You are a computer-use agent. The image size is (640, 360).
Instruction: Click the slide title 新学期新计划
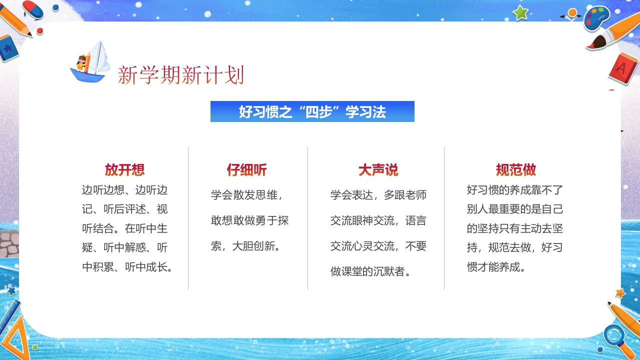(x=180, y=75)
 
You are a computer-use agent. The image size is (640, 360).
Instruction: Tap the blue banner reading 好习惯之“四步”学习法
(x=312, y=111)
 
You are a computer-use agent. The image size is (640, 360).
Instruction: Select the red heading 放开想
(x=124, y=170)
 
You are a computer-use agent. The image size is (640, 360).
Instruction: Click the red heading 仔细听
(x=246, y=170)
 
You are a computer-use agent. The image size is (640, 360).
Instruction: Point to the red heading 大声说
(x=378, y=170)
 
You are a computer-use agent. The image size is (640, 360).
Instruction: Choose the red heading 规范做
(x=515, y=170)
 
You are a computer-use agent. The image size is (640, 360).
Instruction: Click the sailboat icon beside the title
(x=91, y=62)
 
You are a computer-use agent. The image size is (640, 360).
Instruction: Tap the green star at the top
(x=520, y=13)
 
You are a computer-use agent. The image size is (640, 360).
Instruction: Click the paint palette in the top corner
(x=596, y=18)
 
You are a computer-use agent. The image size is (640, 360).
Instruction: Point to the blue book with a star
(x=7, y=48)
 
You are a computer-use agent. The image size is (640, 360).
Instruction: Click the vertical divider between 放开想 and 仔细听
(x=188, y=218)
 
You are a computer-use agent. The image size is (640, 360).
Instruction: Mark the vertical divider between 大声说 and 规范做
(x=444, y=218)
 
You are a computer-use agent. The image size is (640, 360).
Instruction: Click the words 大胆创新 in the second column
(x=259, y=246)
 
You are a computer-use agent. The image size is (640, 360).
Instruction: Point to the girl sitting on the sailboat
(x=81, y=63)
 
